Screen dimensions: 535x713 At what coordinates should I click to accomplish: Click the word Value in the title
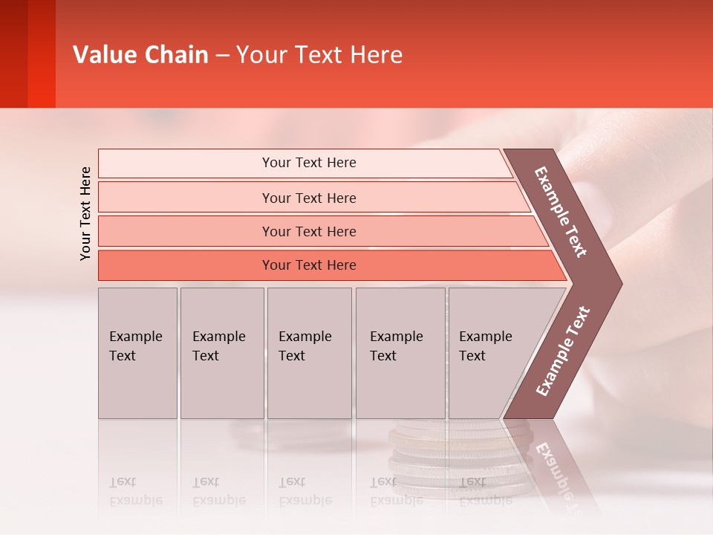pyautogui.click(x=104, y=55)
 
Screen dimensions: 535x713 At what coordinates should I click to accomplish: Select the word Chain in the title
pyautogui.click(x=177, y=55)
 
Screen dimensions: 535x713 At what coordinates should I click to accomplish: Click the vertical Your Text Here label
pyautogui.click(x=85, y=213)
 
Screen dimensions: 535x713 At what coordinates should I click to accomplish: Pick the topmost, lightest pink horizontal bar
pyautogui.click(x=308, y=163)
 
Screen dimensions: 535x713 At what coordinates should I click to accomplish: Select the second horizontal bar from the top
pyautogui.click(x=308, y=198)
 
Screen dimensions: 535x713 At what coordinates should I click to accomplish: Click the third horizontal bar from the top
pyautogui.click(x=308, y=231)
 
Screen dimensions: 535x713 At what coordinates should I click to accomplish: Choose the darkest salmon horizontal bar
pyautogui.click(x=308, y=265)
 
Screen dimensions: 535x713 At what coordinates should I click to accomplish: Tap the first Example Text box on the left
pyautogui.click(x=137, y=353)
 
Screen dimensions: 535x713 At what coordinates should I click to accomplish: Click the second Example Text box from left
pyautogui.click(x=222, y=353)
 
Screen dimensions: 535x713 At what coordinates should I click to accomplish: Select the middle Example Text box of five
pyautogui.click(x=309, y=353)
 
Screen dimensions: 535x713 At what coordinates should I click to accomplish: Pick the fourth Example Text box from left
pyautogui.click(x=400, y=353)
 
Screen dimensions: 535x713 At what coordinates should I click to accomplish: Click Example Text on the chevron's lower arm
pyautogui.click(x=563, y=351)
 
